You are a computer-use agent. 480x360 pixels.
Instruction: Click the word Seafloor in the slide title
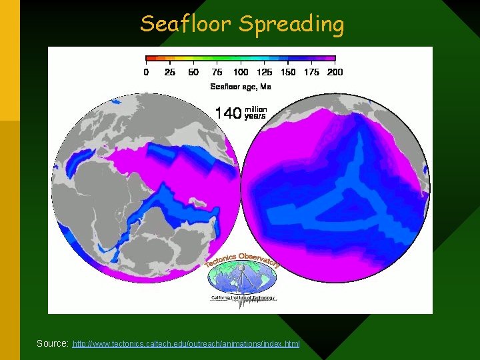coord(186,25)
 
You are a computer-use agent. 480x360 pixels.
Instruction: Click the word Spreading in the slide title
coord(291,25)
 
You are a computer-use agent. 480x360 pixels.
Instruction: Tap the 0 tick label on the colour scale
coord(147,72)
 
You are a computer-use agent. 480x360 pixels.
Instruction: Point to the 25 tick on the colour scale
coord(170,72)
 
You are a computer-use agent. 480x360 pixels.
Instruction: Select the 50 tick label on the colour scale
coord(193,72)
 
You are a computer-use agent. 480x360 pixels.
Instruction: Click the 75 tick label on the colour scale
coord(217,72)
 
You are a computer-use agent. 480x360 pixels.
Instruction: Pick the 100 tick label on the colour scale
coord(241,72)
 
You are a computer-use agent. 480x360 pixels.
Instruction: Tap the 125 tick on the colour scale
coord(264,72)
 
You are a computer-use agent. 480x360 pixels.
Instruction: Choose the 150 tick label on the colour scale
coord(288,72)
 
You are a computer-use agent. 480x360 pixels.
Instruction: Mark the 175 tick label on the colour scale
coord(311,72)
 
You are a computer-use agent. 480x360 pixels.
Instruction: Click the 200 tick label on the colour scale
coord(335,72)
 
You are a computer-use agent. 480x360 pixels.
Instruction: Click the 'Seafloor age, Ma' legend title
coord(241,86)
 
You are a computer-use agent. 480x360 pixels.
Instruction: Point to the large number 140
coord(227,113)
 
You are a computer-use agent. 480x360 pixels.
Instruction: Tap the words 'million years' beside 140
coord(256,113)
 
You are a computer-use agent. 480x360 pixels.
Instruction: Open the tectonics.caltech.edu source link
coord(186,343)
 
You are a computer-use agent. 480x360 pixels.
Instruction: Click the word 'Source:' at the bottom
coord(53,343)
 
